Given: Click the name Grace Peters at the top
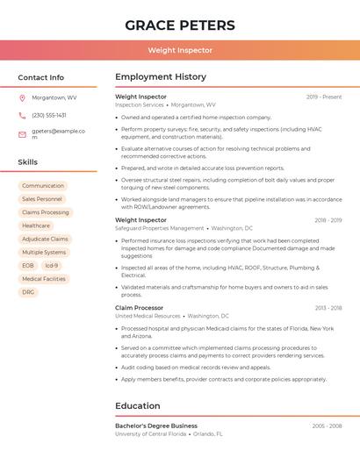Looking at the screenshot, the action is [x=180, y=25].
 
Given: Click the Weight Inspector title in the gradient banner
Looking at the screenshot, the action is [x=180, y=51].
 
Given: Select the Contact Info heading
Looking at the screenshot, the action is [x=40, y=77].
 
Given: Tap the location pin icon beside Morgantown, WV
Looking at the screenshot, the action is [x=22, y=97].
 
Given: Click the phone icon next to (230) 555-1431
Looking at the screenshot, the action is [x=22, y=115].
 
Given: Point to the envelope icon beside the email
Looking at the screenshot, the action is [x=22, y=134].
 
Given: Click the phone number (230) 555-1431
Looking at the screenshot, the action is [x=49, y=115].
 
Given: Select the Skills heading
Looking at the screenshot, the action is [x=27, y=162].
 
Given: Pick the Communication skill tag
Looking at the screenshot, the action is [x=43, y=186].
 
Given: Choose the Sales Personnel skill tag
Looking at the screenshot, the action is [x=42, y=199].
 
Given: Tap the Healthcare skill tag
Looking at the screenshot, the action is [x=36, y=225].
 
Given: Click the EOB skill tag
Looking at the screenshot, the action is [x=28, y=265].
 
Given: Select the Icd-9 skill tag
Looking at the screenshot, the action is [x=52, y=265].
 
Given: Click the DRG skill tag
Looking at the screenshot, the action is [x=28, y=292].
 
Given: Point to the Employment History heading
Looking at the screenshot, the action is [x=161, y=77].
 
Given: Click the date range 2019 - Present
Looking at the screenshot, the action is [x=324, y=97].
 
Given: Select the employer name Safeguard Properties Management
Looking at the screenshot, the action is [x=160, y=228].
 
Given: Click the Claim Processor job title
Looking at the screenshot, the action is [x=139, y=308].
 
